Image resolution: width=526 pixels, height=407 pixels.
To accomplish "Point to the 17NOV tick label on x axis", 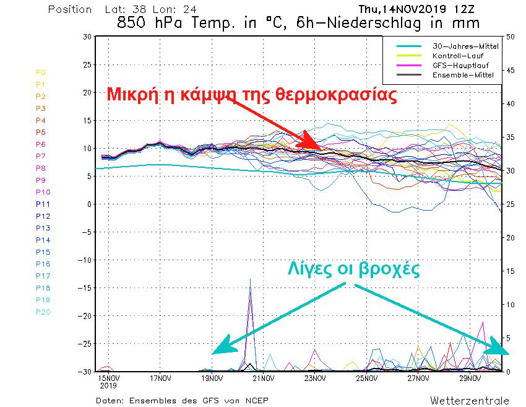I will point(160,378).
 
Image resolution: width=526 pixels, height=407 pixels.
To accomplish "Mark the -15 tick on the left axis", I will point(85,287).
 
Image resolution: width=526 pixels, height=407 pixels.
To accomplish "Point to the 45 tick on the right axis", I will point(511,70).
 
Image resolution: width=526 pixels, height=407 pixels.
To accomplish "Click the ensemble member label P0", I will point(41,72).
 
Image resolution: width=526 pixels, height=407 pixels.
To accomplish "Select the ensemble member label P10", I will point(43,192).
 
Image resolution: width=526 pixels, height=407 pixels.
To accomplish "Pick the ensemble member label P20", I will point(43,312).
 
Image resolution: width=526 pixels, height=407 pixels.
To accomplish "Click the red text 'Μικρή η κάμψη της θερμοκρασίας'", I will point(251,95).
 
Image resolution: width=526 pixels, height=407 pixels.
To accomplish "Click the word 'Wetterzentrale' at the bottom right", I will point(470,400).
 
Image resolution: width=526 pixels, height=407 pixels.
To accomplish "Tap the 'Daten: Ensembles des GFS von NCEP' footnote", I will point(183,400).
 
